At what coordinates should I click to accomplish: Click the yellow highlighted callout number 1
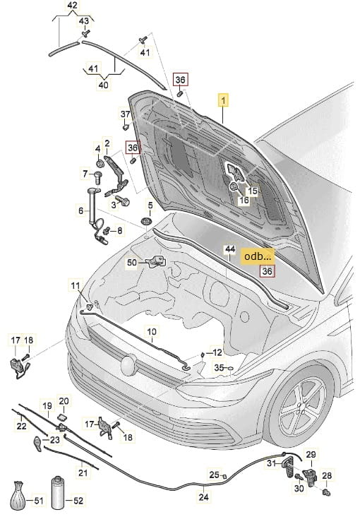[223, 100]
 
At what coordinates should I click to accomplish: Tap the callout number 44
[229, 249]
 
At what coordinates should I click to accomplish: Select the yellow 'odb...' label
[258, 256]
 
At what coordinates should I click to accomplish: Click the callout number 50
[132, 262]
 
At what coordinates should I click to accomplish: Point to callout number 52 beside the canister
[78, 500]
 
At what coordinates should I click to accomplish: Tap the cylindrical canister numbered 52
[58, 493]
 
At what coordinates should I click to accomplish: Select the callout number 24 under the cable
[204, 497]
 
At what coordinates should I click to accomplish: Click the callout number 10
[152, 332]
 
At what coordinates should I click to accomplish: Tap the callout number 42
[72, 6]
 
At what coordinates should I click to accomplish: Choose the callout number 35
[219, 368]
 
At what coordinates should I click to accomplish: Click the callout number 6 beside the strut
[80, 210]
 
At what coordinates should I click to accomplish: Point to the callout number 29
[311, 455]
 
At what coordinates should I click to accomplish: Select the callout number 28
[327, 475]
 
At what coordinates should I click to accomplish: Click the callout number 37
[125, 114]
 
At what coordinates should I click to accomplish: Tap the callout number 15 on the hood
[253, 191]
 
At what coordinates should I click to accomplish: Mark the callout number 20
[64, 401]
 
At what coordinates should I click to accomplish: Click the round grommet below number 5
[146, 222]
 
